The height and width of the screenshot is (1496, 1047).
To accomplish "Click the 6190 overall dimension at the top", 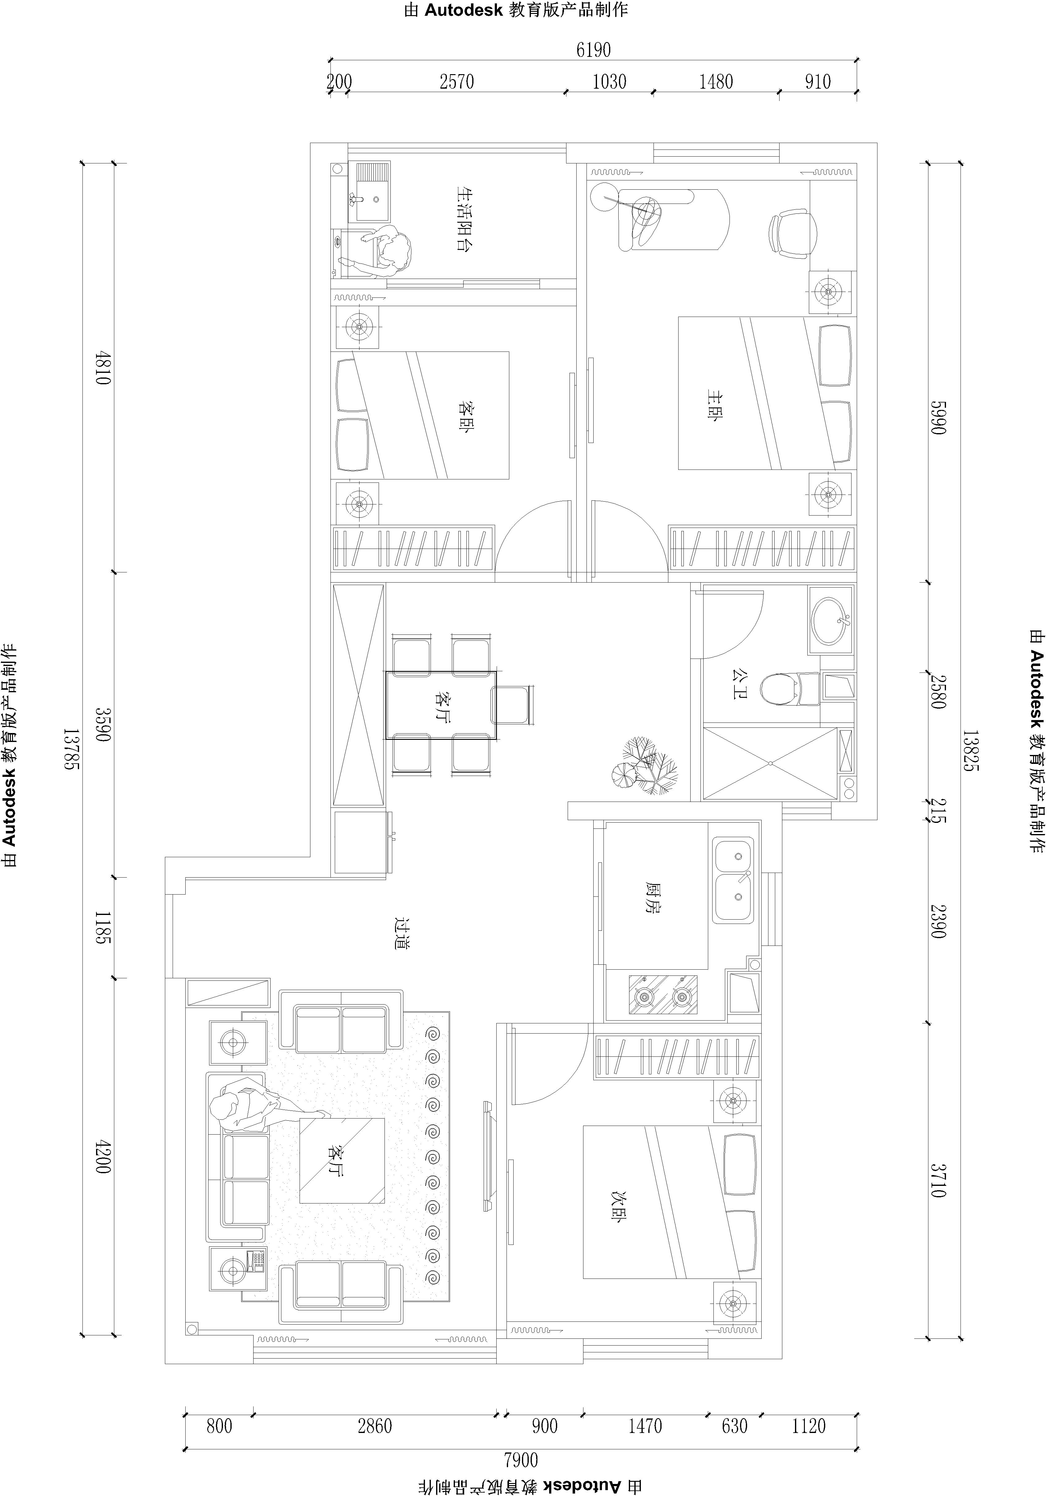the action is pyautogui.click(x=593, y=49).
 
